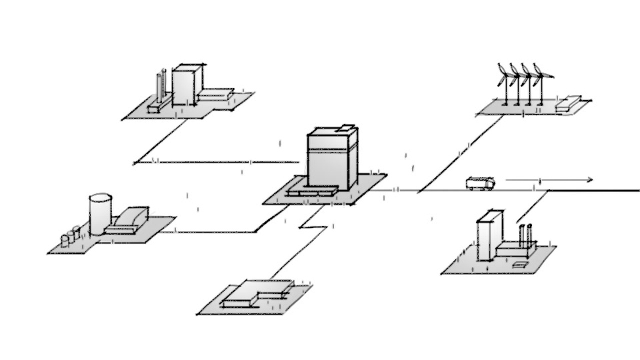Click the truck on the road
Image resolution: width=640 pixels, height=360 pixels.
(480, 183)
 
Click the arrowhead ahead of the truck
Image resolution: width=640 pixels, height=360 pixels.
(590, 179)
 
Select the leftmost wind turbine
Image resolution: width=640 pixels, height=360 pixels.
(504, 83)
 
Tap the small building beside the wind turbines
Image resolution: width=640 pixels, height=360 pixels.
(568, 102)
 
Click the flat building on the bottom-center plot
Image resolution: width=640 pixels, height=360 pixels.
(257, 292)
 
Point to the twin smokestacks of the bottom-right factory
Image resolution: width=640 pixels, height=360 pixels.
(525, 235)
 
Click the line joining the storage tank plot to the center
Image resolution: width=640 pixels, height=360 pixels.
(215, 232)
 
